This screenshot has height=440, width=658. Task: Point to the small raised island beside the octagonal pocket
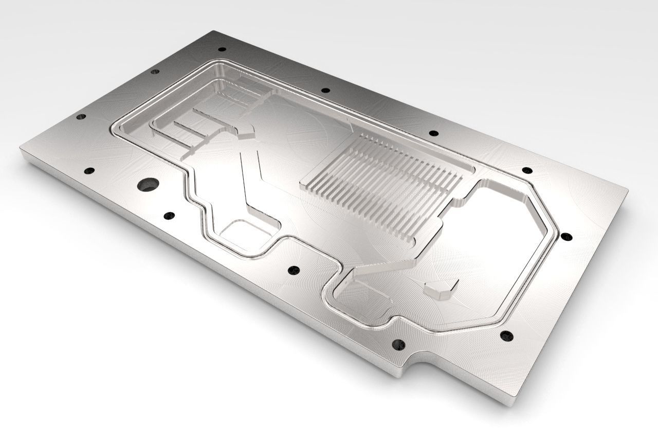(x=441, y=289)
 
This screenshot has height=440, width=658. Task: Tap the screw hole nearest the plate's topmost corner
(x=222, y=49)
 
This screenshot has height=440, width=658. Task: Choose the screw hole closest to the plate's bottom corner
(x=506, y=336)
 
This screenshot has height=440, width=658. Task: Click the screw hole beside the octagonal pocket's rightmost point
(x=566, y=237)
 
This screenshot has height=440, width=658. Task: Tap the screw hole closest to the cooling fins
(x=433, y=133)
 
